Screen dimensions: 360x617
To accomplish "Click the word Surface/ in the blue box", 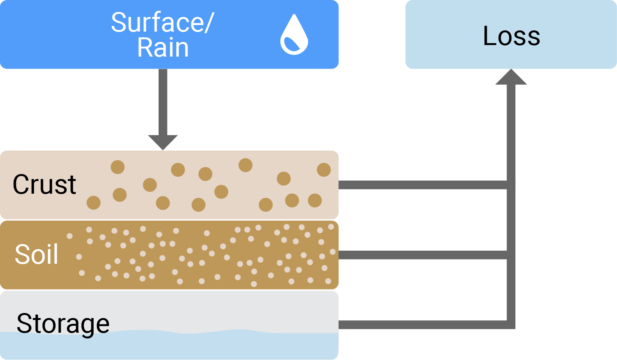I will point(162,22).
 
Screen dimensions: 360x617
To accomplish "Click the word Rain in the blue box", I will point(163,48).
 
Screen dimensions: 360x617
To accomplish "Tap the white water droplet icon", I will point(294,35).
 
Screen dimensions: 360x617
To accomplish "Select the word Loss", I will point(511,36).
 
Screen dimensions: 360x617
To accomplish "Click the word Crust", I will point(44,184).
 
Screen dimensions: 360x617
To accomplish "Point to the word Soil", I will point(37,255).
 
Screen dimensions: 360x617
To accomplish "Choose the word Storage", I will point(63,323).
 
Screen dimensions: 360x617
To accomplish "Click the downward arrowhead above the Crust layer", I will point(163,142).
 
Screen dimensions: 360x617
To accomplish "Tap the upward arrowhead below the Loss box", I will point(511,77).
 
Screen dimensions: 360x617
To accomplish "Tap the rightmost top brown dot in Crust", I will point(324,170).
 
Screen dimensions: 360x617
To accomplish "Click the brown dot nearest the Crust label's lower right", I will point(94,203).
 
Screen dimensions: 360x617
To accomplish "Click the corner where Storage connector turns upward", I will point(511,325).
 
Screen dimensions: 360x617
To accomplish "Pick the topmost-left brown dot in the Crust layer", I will point(117,167).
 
